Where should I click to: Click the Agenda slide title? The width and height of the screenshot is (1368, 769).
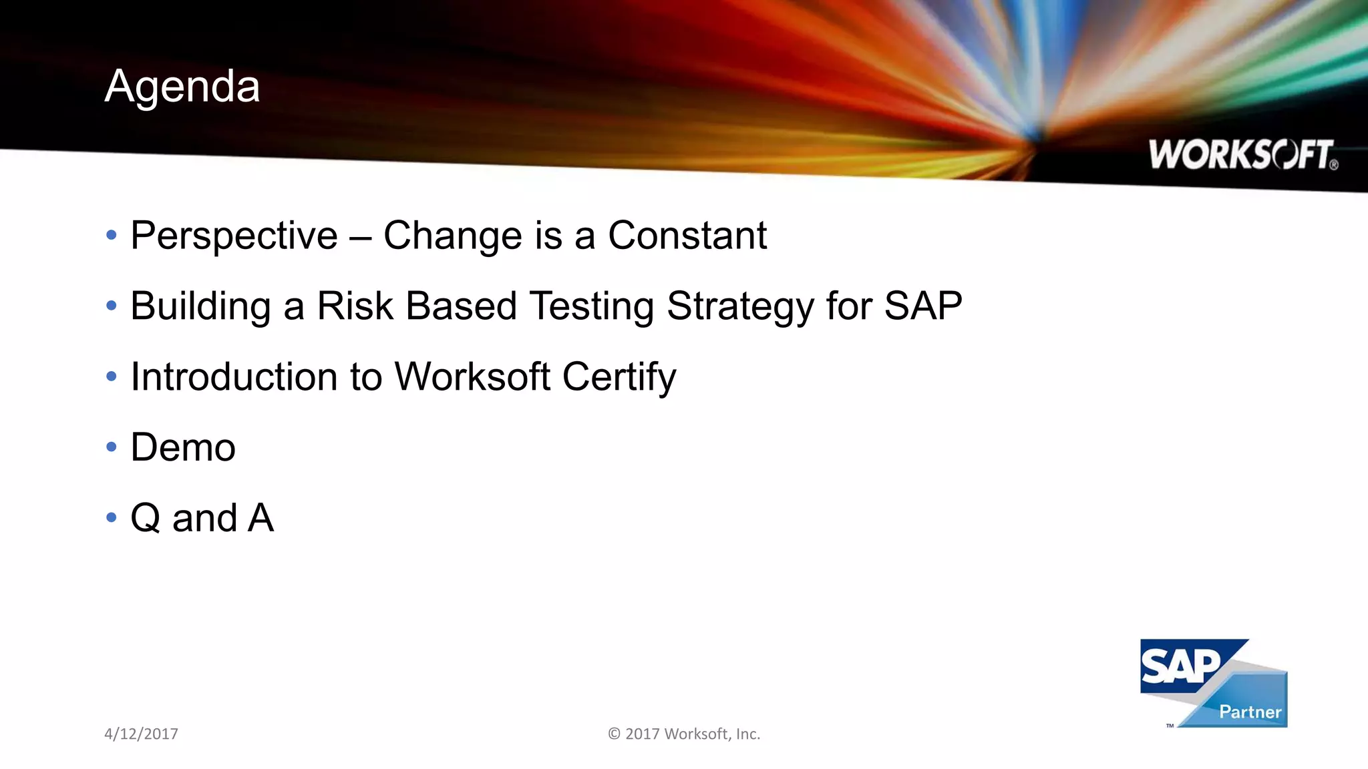pos(182,87)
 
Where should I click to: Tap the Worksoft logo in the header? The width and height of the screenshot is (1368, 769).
pos(1242,155)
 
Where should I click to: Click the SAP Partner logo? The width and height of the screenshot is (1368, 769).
pos(1213,682)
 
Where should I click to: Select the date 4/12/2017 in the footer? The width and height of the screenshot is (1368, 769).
pos(141,734)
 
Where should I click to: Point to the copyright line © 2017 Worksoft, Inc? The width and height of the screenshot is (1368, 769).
pos(684,734)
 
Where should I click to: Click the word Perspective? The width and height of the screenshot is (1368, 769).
pos(234,236)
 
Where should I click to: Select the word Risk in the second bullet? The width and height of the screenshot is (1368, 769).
pos(355,306)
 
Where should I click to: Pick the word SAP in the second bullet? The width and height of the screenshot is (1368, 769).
pos(923,306)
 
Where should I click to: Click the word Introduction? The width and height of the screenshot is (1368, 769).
pos(234,377)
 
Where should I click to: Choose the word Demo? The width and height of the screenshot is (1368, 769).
pos(183,448)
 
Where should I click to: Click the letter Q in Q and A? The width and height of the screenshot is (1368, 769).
pos(146,519)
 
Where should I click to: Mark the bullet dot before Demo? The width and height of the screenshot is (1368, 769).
pos(112,447)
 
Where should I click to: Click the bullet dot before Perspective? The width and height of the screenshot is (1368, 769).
pos(112,235)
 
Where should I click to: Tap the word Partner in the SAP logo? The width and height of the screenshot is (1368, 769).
pos(1250,712)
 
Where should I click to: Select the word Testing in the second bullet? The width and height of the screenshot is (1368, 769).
pos(592,307)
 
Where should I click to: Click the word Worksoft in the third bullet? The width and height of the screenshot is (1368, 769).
pos(472,377)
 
